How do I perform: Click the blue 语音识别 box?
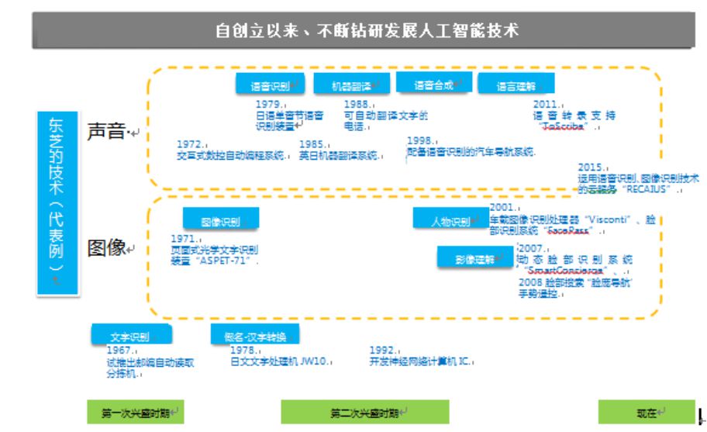(x=270, y=85)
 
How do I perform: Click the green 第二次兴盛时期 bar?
(x=364, y=412)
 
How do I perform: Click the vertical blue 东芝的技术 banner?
(x=57, y=202)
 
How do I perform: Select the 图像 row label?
(x=107, y=248)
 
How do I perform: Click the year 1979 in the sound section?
(x=268, y=103)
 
